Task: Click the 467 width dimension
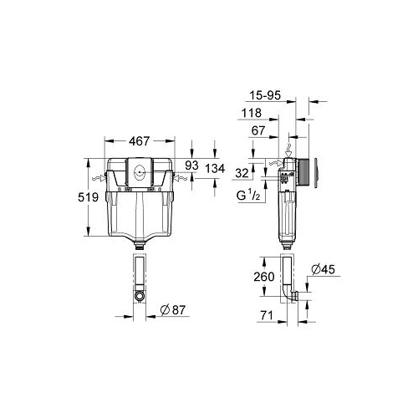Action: coord(140,141)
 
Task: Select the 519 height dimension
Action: coord(88,197)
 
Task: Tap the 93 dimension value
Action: coord(191,166)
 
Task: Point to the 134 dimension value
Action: coord(215,169)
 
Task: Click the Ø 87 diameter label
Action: coord(173,310)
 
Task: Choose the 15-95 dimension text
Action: coord(265,95)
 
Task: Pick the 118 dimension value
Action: coord(252,113)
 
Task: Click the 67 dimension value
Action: coord(258,130)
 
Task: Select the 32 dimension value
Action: coord(242,173)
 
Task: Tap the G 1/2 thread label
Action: coord(248,195)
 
